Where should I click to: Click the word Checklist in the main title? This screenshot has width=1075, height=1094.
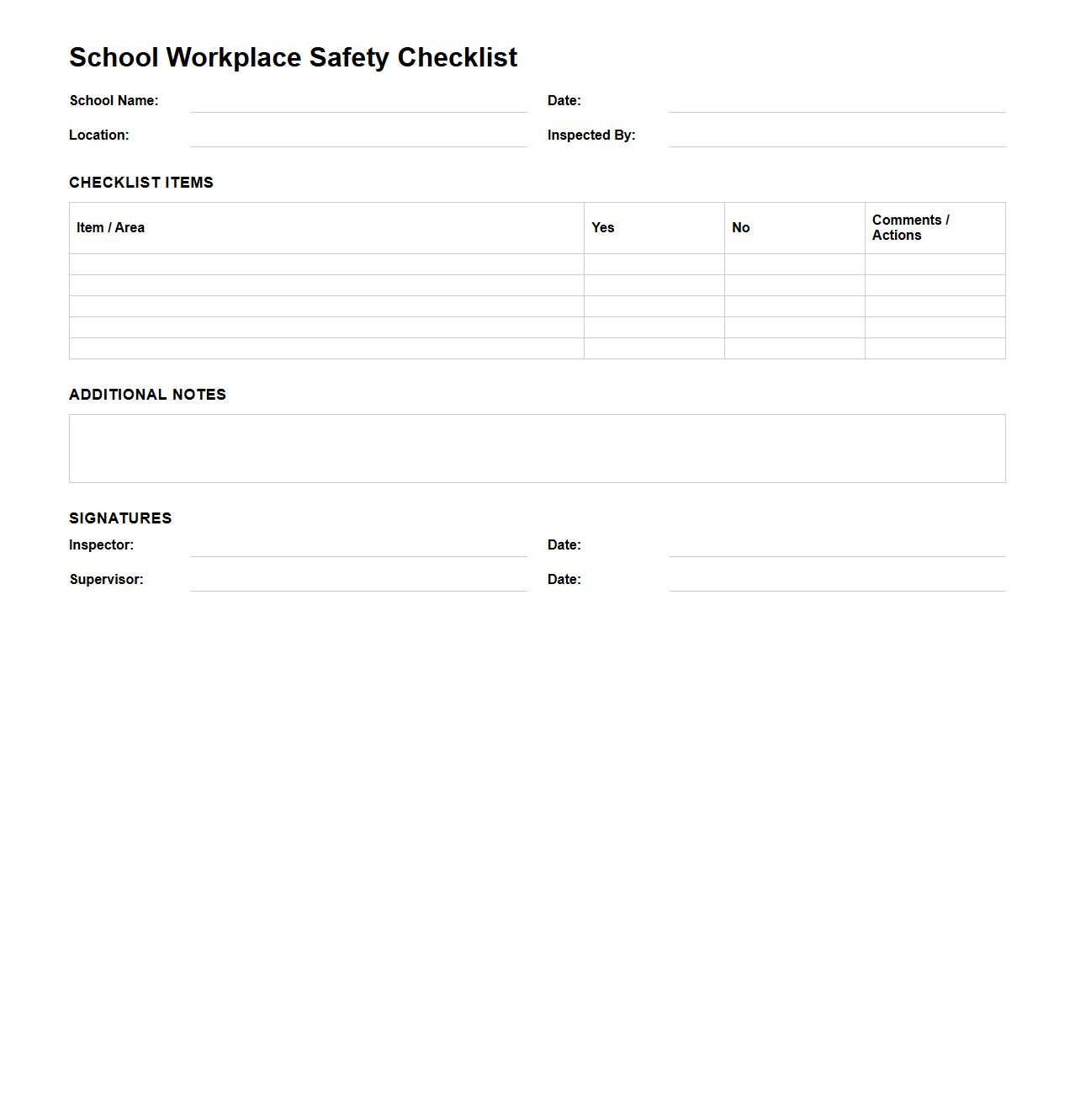point(457,57)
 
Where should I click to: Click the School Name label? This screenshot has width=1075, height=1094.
point(114,101)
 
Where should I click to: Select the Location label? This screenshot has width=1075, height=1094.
point(99,135)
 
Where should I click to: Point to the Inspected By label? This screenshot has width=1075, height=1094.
point(591,135)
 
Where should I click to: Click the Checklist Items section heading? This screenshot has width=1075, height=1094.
point(141,183)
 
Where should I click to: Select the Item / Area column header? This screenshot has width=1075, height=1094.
point(110,228)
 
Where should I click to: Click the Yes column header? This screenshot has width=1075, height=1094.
point(603,228)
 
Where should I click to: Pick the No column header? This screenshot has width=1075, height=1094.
point(741,228)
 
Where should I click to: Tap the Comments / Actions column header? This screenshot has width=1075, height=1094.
point(910,228)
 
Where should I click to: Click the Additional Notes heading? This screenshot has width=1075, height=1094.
point(147,395)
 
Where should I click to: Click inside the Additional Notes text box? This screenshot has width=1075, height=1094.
point(537,449)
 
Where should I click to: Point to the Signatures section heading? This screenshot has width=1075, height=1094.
point(120,518)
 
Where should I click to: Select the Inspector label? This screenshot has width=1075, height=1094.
point(101,545)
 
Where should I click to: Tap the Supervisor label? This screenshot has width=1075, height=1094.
point(106,580)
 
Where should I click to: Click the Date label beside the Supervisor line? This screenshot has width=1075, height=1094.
point(564,580)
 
